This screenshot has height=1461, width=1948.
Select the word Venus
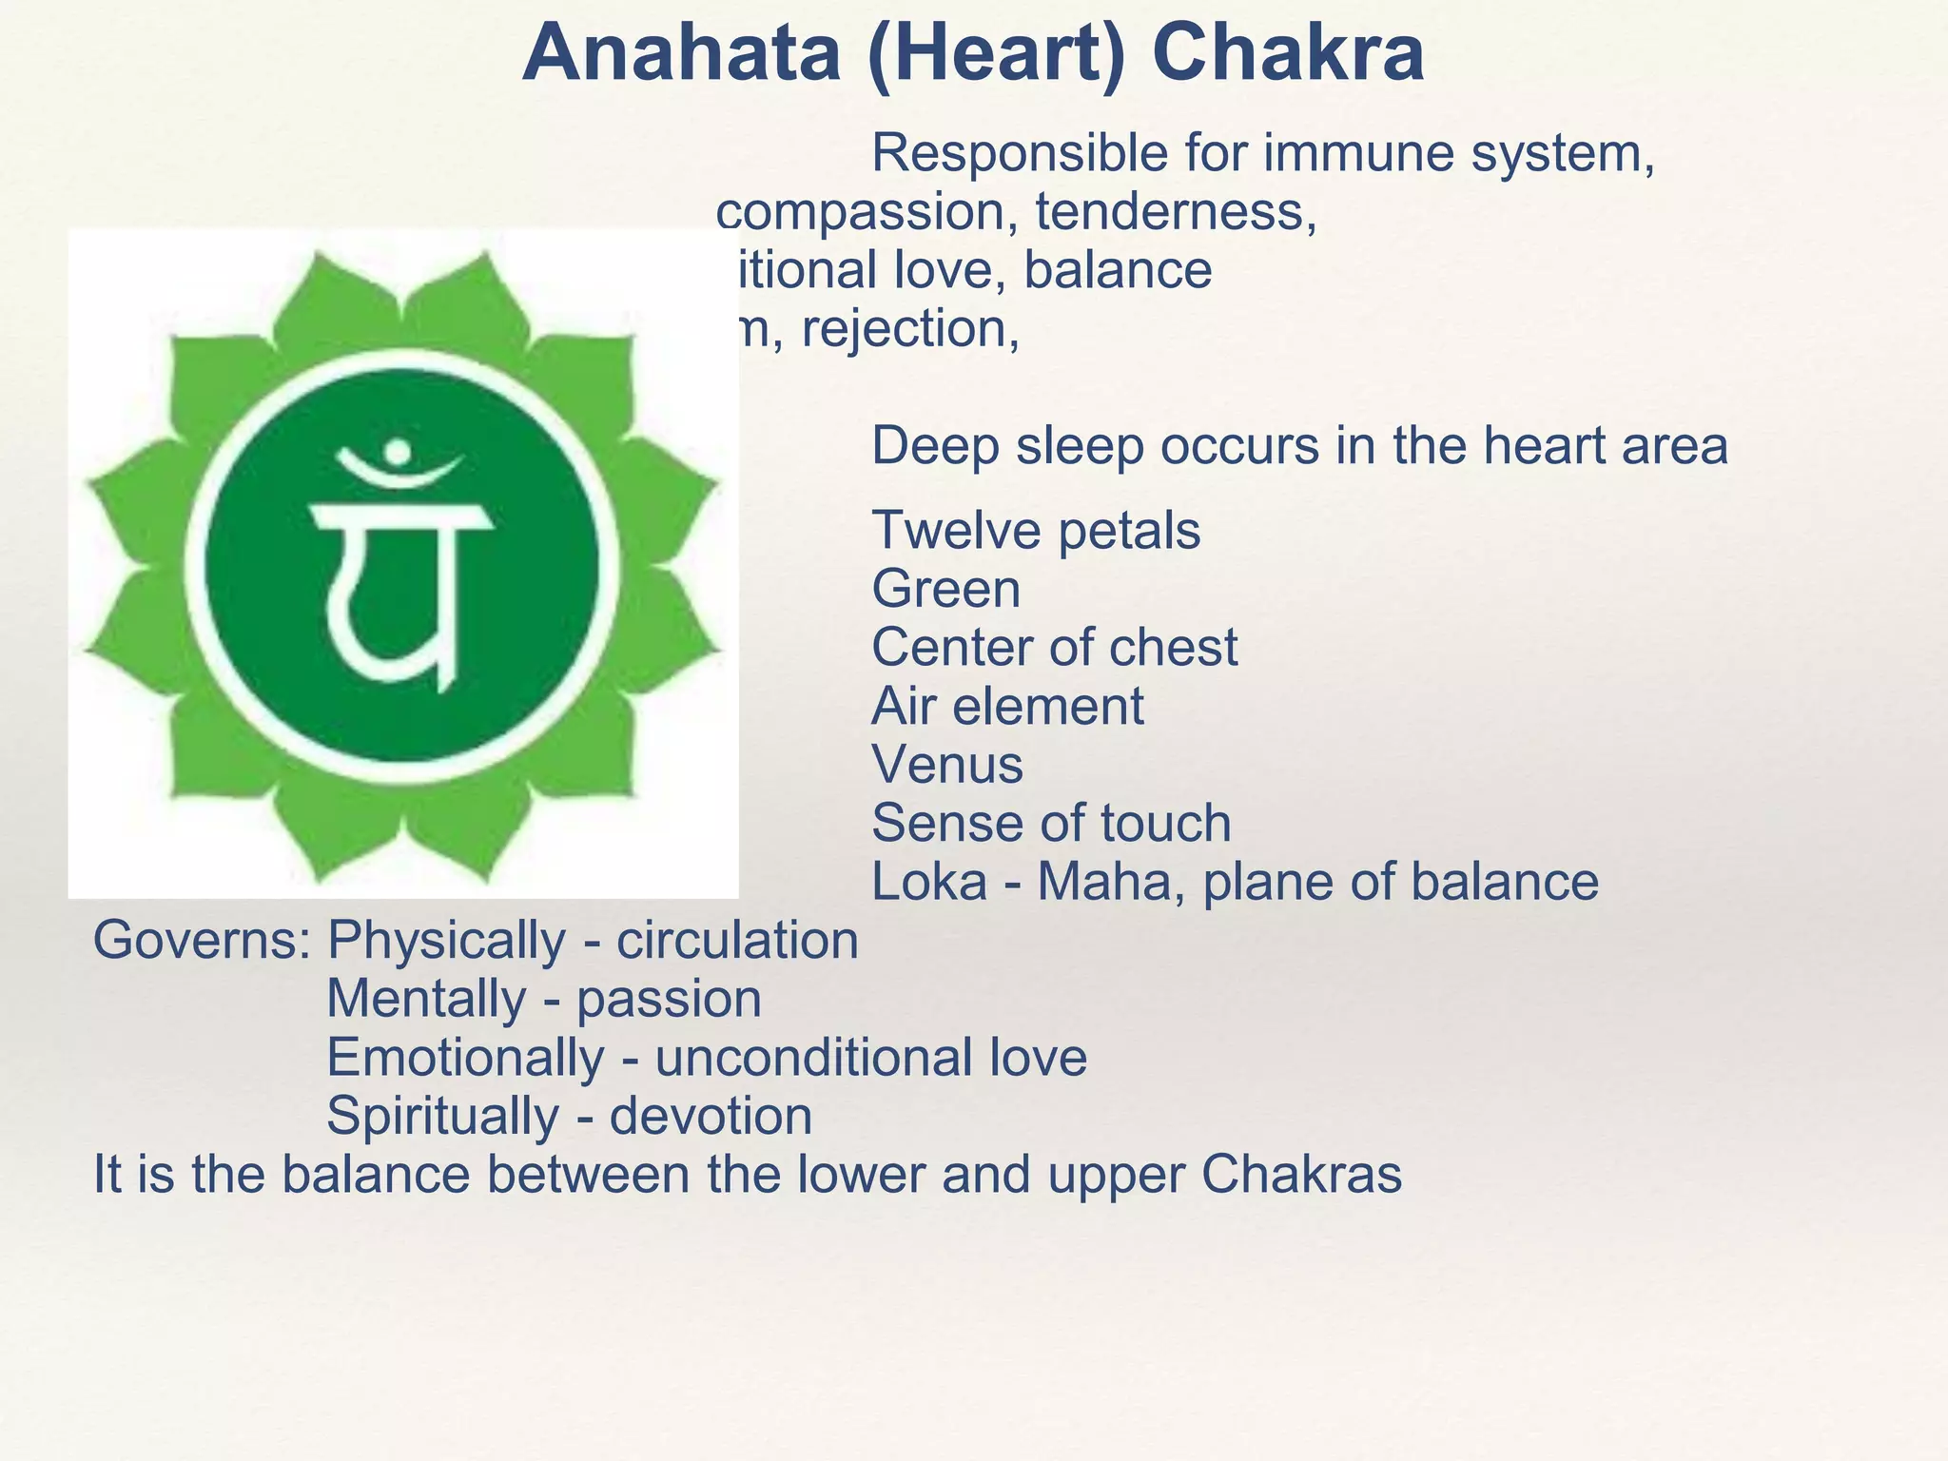point(947,765)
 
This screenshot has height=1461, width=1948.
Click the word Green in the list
point(946,590)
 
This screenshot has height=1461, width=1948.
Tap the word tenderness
point(1177,211)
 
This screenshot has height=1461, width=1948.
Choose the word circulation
point(737,941)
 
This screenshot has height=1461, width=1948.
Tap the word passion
point(669,1000)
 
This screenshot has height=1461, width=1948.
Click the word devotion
point(711,1117)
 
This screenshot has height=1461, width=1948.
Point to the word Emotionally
point(465,1058)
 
